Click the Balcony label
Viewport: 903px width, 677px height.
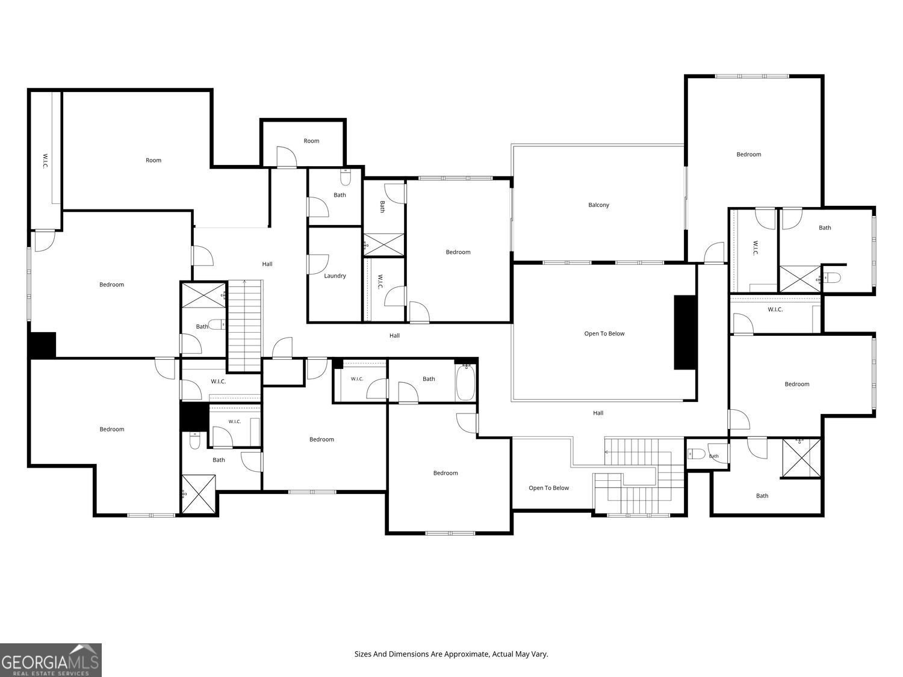598,205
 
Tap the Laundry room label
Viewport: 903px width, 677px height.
335,276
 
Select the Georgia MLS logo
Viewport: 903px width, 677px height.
51,660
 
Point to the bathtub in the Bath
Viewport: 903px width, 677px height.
465,382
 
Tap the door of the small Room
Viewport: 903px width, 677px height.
287,156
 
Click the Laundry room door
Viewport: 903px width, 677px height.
318,264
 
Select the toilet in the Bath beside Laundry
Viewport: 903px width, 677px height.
346,178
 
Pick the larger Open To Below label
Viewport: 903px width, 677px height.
604,333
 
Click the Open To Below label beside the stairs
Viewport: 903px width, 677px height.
548,488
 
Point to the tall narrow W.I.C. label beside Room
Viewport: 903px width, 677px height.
45,161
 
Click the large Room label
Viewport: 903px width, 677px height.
153,160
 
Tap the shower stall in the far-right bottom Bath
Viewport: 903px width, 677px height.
801,459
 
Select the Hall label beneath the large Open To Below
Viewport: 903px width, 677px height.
598,413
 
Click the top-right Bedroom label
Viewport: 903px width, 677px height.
748,155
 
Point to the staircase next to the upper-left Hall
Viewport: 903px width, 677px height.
245,326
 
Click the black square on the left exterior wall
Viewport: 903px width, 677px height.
42,345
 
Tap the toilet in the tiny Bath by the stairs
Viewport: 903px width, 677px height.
697,454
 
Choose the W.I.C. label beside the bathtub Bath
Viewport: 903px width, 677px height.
356,379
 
